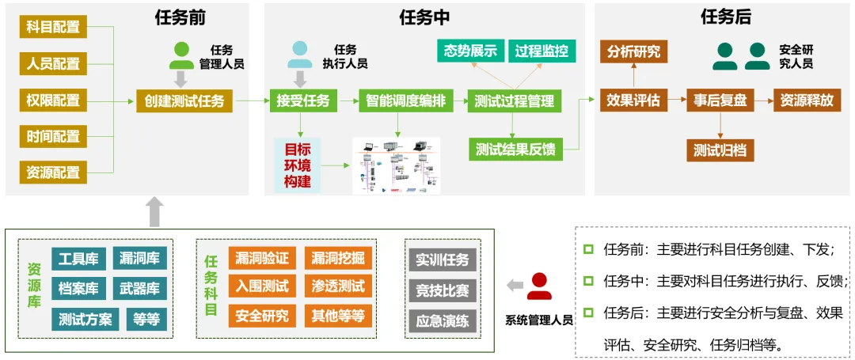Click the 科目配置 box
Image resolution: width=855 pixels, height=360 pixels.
(53, 26)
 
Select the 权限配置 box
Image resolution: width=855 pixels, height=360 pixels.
(53, 100)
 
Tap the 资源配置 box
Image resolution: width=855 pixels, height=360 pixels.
(53, 172)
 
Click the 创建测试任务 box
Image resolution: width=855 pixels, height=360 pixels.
(184, 100)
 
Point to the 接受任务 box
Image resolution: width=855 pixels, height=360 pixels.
(303, 100)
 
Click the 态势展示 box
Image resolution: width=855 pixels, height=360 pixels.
(470, 51)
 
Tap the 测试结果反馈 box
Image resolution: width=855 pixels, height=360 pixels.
(515, 149)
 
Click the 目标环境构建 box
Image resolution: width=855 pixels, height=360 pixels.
(298, 165)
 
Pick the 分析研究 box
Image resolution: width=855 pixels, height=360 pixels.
(633, 51)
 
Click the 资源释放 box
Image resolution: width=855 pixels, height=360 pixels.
(807, 100)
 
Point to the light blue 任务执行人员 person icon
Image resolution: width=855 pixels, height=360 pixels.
(300, 55)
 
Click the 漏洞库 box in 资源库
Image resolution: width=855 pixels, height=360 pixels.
(139, 259)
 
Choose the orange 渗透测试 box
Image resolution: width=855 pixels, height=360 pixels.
(338, 285)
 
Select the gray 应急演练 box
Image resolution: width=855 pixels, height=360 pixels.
(443, 320)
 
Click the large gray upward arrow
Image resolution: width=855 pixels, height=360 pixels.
(155, 211)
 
